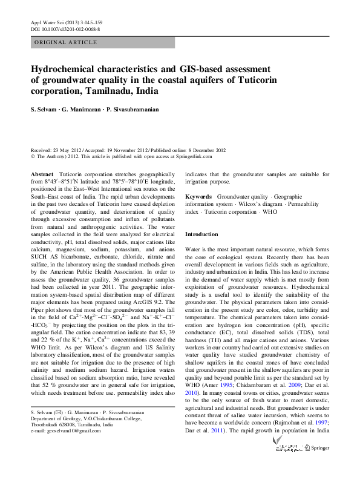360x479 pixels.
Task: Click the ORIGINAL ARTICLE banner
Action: [66, 42]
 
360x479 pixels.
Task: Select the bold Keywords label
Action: [198, 197]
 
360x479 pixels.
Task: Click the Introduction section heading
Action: [201, 234]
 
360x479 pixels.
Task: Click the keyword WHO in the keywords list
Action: [269, 213]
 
